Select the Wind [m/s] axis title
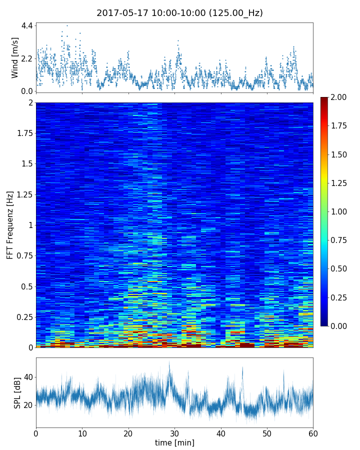pyautogui.click(x=15, y=57)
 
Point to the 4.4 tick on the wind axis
pyautogui.click(x=27, y=25)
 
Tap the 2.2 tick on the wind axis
pyautogui.click(x=27, y=58)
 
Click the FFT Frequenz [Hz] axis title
pyautogui.click(x=10, y=225)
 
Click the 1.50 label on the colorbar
pyautogui.click(x=340, y=154)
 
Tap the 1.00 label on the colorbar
pyautogui.click(x=340, y=211)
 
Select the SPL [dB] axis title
pyautogui.click(x=17, y=391)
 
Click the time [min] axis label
pyautogui.click(x=174, y=442)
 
